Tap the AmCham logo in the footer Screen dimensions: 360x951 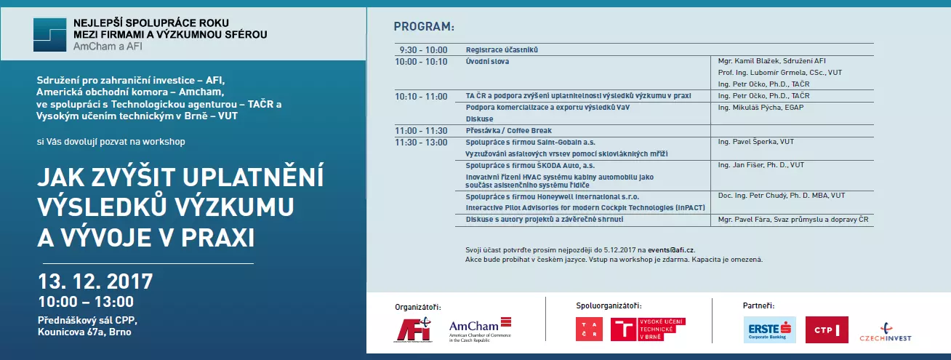pos(480,329)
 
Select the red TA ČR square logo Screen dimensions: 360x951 pos(589,329)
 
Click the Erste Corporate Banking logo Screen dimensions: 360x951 pos(770,329)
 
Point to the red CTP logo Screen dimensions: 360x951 pos(827,329)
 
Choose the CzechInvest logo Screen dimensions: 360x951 pos(885,332)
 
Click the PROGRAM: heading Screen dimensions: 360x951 pos(424,27)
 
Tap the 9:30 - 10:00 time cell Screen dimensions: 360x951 pos(423,50)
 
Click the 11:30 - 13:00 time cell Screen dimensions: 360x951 pos(422,142)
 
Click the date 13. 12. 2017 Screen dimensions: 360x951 pos(95,281)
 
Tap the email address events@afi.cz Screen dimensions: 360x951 pos(663,249)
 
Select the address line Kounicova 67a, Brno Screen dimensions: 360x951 pos(85,332)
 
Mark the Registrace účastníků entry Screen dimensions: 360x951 pos(502,50)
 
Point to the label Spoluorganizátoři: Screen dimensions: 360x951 pos(609,305)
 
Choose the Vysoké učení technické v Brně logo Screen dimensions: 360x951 pos(648,329)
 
